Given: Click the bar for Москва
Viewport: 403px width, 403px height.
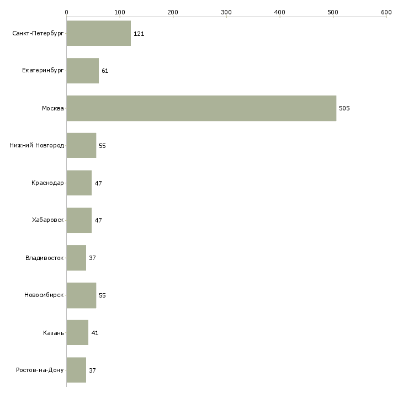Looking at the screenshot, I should (201, 108).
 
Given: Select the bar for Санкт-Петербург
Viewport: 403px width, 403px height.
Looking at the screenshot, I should (99, 34).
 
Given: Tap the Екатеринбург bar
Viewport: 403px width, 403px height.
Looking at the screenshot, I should (83, 71).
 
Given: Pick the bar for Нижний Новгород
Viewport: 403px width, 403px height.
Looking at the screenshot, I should (81, 146).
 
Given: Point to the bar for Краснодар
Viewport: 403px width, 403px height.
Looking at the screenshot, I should (79, 183).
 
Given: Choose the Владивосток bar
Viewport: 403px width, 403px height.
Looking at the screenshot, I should (76, 258).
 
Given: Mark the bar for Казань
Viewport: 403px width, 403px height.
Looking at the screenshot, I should (77, 333).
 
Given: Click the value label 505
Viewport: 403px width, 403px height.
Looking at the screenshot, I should (344, 108).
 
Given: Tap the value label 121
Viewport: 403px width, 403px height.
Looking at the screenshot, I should (139, 34).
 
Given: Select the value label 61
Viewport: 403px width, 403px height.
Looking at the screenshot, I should (105, 71).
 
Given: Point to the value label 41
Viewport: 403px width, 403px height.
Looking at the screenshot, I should (94, 333).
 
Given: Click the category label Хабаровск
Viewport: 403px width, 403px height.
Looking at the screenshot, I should (47, 220).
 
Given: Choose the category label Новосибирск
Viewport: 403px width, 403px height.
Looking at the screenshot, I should (44, 295).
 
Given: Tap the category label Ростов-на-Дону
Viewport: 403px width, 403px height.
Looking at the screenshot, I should (40, 370).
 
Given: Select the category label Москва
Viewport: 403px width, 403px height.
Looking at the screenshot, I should (52, 108).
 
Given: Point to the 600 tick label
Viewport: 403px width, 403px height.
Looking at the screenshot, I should (386, 12).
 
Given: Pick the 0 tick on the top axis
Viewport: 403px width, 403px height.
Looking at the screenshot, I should (66, 12).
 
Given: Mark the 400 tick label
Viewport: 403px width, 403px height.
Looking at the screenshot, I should (279, 12).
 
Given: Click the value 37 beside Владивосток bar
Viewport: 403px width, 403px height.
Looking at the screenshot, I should (92, 258).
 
